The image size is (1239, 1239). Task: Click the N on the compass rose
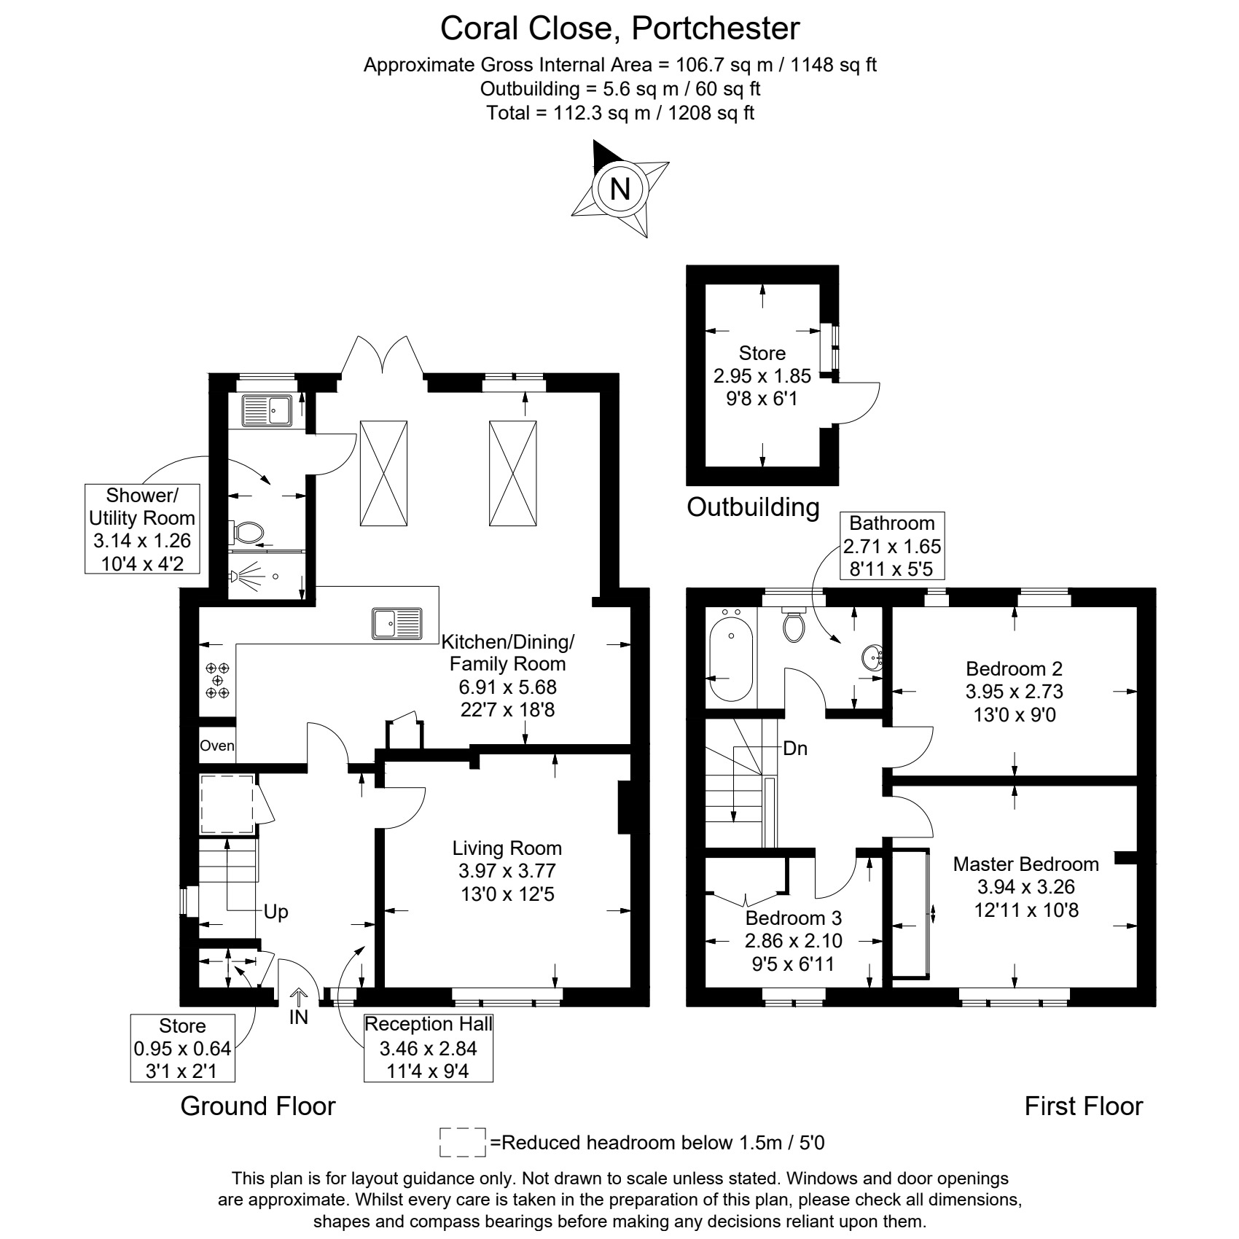pos(619,189)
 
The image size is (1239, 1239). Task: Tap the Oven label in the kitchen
pos(217,746)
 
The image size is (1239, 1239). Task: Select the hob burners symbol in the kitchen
pos(217,680)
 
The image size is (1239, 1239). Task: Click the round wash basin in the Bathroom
pos(872,658)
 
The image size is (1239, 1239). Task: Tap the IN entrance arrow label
pos(299,1017)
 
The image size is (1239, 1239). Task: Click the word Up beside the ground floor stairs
pos(276,912)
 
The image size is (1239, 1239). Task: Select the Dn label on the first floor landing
pos(795,749)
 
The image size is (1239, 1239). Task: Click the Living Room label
pos(507,848)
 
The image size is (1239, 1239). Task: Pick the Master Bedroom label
pos(1026,864)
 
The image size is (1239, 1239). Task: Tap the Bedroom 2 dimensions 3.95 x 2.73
pos(1015,692)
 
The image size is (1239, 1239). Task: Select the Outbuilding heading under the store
pos(753,507)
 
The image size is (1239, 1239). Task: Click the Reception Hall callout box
pos(429,1048)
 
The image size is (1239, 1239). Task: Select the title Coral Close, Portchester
pos(619,29)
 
